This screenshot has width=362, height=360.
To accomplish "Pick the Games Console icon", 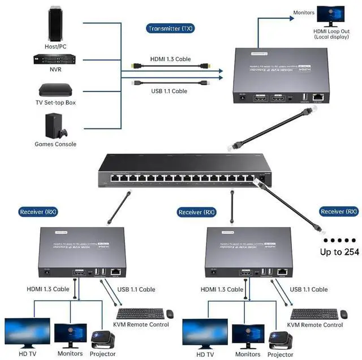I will pyautogui.click(x=54, y=126).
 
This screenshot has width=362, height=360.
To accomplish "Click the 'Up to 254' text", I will pyautogui.click(x=339, y=252).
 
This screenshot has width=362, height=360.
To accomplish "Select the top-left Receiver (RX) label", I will pyautogui.click(x=38, y=212).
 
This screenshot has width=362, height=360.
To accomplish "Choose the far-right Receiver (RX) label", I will pyautogui.click(x=339, y=211).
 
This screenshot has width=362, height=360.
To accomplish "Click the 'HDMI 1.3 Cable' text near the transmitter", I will pyautogui.click(x=170, y=59).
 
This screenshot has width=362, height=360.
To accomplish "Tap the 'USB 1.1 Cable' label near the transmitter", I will pyautogui.click(x=169, y=91).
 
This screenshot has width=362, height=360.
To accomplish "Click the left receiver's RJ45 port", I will pyautogui.click(x=117, y=272).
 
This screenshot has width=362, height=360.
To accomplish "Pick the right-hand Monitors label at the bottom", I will pyautogui.click(x=248, y=354).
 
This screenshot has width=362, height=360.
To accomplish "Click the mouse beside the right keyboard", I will pyautogui.click(x=343, y=313).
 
